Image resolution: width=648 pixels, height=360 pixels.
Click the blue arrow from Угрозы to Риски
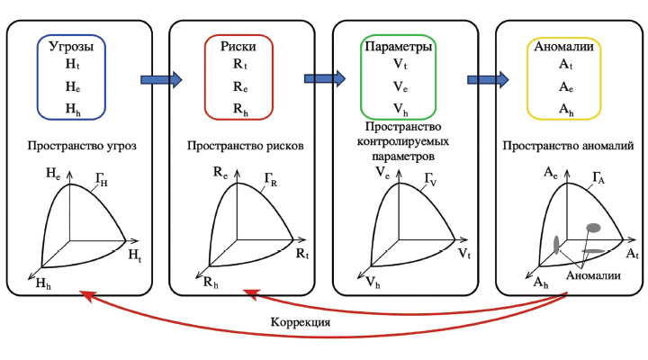coord(161,79)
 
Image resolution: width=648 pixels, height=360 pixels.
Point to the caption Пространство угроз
coord(81,146)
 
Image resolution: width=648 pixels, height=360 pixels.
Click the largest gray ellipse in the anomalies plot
coord(592,227)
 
